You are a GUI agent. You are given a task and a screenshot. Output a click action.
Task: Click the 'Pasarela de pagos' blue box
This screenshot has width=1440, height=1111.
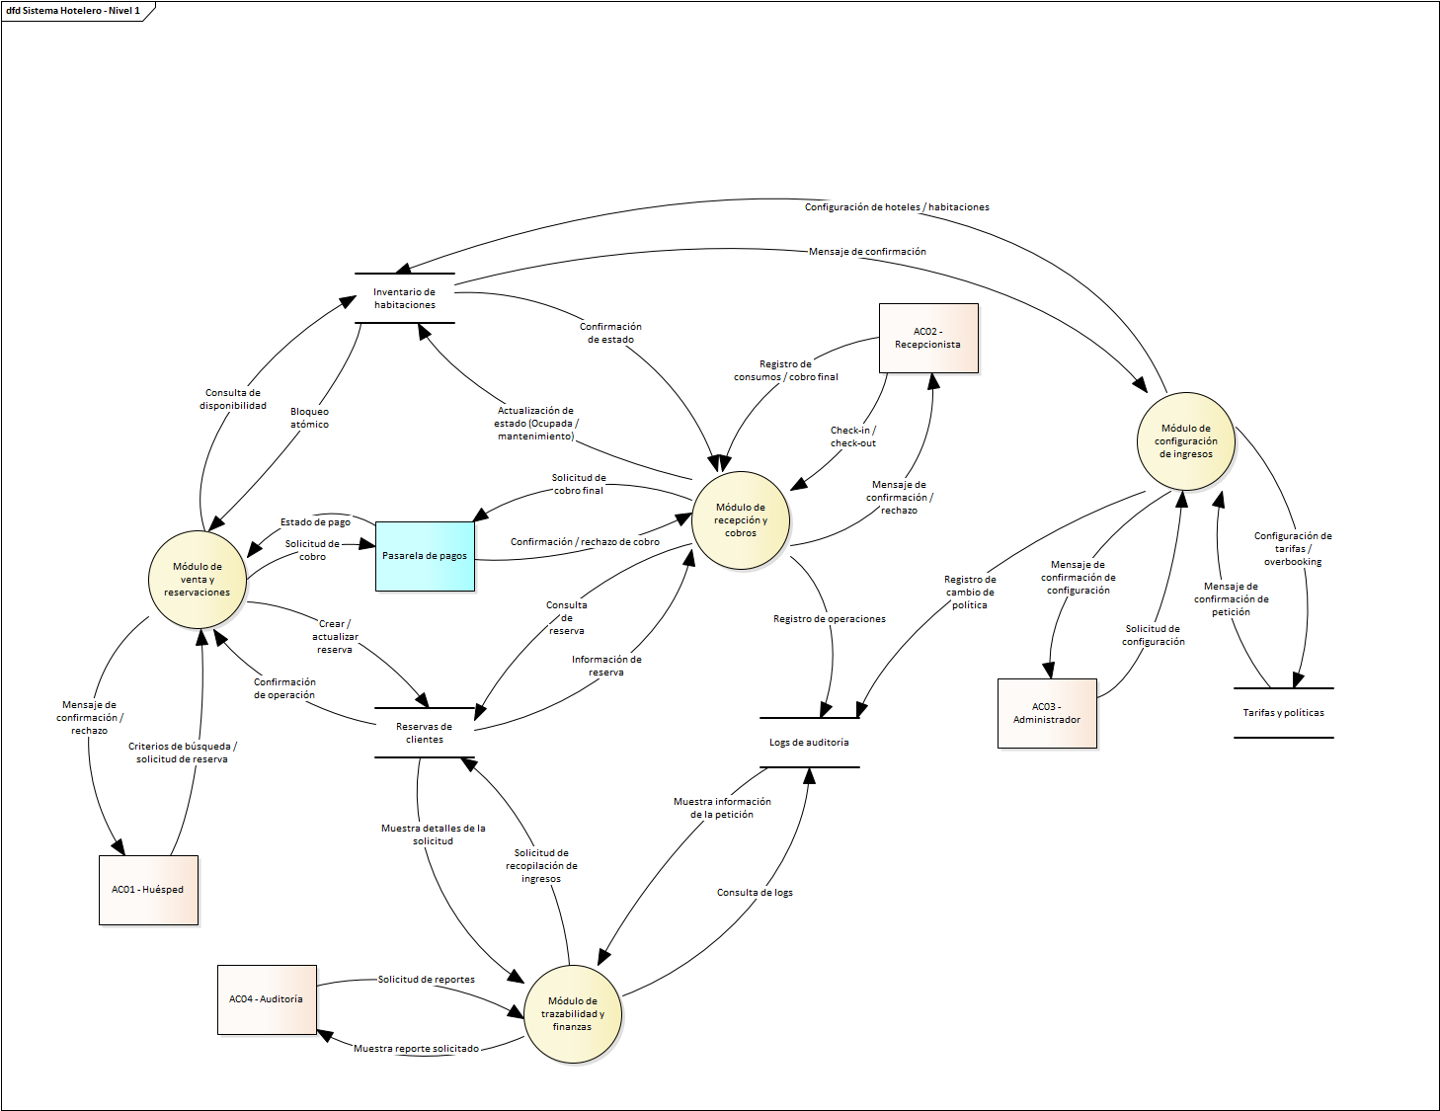[425, 556]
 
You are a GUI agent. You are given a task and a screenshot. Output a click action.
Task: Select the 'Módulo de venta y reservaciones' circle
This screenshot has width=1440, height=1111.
[198, 580]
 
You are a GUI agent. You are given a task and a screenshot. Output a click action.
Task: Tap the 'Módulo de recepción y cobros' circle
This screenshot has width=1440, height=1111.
[741, 520]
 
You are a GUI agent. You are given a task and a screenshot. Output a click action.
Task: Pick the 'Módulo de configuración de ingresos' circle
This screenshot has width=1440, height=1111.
[1186, 441]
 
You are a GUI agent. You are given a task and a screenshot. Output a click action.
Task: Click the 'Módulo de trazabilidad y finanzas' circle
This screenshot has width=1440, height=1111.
[573, 1014]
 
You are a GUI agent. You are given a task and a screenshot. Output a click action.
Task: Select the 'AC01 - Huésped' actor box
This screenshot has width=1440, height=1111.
[148, 890]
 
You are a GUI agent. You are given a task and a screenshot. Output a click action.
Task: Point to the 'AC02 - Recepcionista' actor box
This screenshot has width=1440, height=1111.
[928, 338]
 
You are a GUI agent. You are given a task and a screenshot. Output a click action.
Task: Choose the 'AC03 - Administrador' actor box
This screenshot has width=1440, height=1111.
[1047, 713]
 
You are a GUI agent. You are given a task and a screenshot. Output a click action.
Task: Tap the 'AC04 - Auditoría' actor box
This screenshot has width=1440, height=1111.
[267, 999]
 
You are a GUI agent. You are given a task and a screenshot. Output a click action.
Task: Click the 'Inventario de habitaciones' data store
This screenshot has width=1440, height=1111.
[405, 298]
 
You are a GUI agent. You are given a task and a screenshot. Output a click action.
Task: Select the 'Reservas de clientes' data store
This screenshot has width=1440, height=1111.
[425, 733]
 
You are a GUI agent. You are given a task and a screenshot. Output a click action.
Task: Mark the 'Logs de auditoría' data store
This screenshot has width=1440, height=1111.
[809, 743]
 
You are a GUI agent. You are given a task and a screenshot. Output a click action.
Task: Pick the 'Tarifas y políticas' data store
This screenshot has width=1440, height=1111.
[1283, 713]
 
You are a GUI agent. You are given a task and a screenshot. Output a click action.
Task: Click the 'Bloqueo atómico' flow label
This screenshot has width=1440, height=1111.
[310, 418]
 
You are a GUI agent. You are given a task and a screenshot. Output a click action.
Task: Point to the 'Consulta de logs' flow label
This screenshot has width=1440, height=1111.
[755, 893]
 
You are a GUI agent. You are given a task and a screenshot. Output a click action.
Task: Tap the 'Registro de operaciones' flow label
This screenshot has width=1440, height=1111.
[830, 619]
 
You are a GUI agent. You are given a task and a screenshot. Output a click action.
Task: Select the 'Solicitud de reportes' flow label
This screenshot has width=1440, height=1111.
[427, 980]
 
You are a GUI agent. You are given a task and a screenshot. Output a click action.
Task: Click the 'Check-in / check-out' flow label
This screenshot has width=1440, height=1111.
[853, 436]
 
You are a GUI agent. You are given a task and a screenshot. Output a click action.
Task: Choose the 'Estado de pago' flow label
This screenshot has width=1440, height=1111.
[315, 522]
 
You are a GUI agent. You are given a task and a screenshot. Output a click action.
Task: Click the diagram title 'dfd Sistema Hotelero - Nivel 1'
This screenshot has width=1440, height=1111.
[73, 11]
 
